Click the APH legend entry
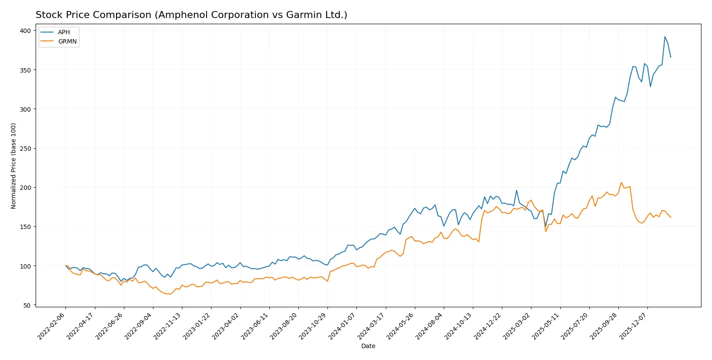tap(64, 32)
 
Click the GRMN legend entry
tap(67, 41)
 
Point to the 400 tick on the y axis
tap(25, 31)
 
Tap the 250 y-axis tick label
tap(25, 149)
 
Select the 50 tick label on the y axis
tap(27, 305)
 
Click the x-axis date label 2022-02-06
tap(51, 326)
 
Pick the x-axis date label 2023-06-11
tap(255, 326)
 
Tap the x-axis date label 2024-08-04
tap(429, 326)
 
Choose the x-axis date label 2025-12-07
tap(633, 326)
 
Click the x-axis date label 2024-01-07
tap(342, 326)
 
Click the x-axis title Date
tap(368, 346)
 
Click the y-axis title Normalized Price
tap(14, 166)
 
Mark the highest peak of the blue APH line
tap(665, 36)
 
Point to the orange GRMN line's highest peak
tap(621, 182)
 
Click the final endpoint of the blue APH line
tap(671, 57)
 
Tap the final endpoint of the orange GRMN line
tap(671, 217)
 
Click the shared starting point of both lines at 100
tap(65, 265)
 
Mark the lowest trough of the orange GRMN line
tap(170, 294)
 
